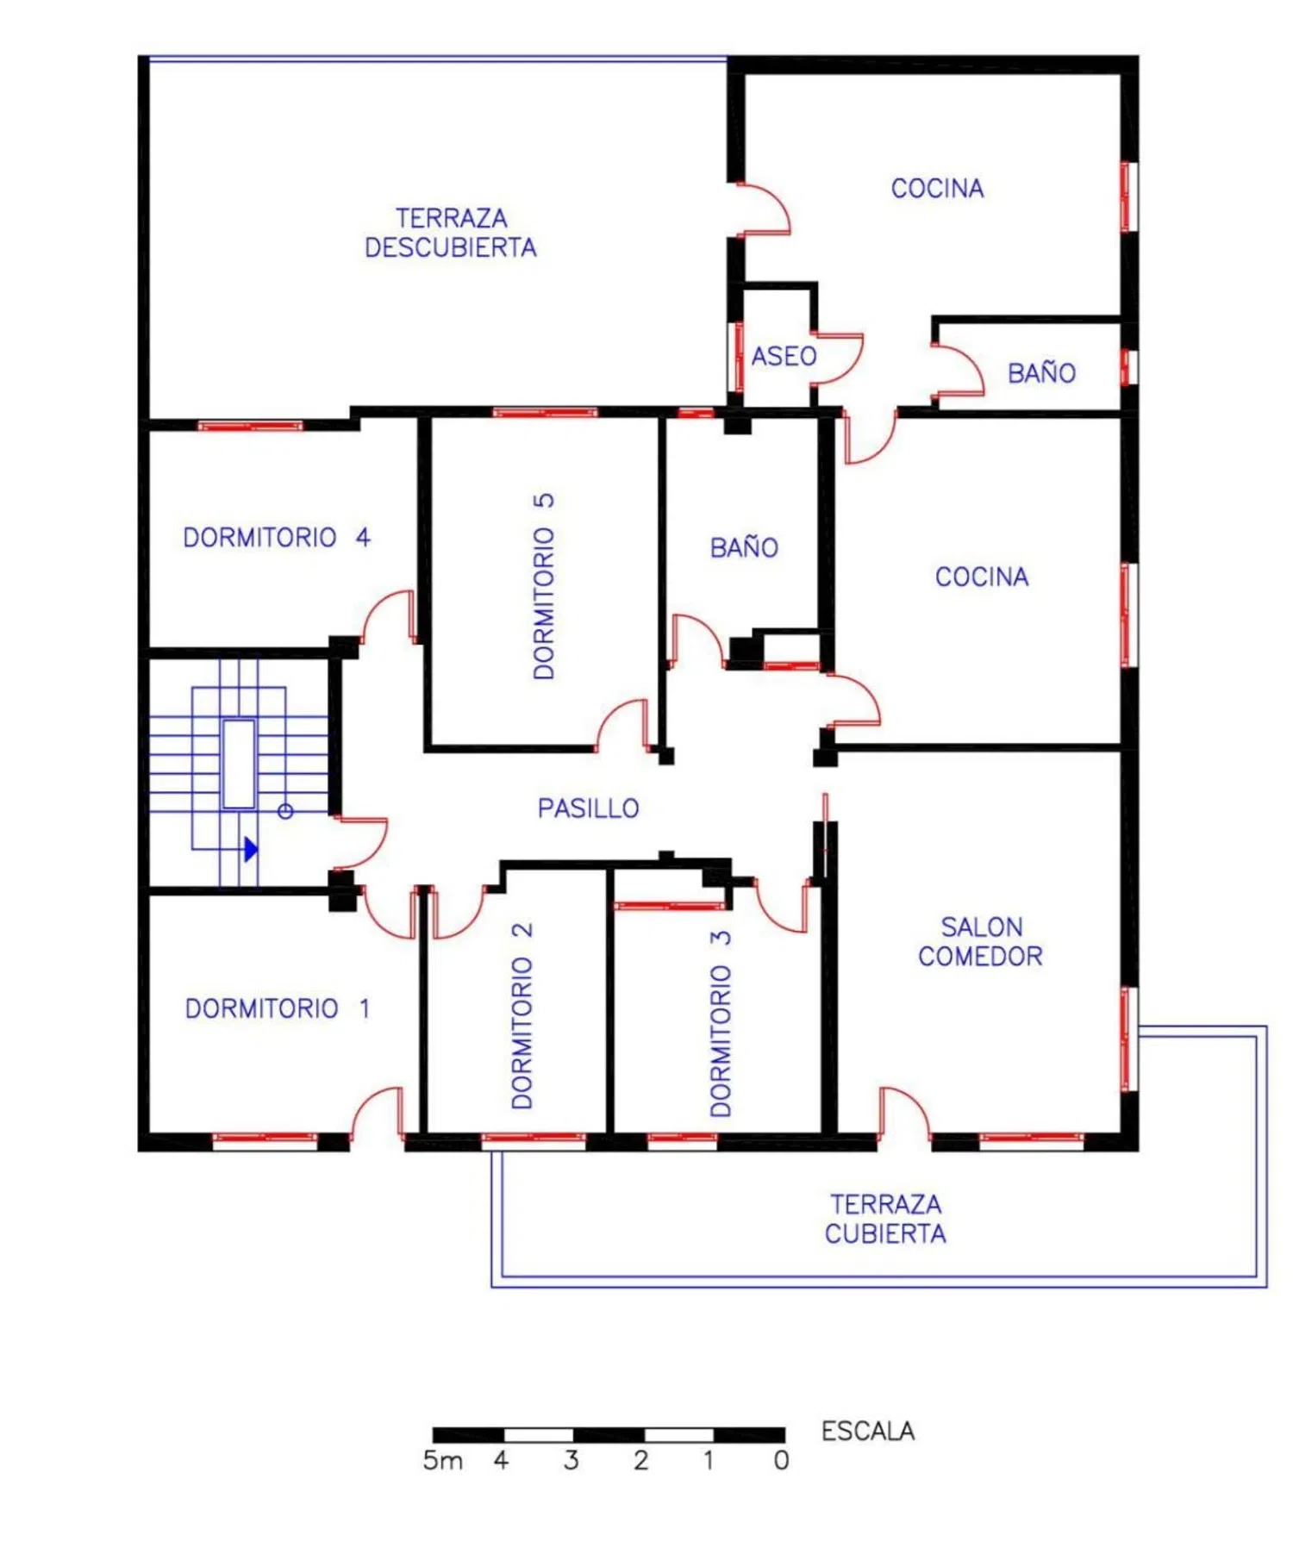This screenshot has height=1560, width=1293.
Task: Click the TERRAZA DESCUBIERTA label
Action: (450, 233)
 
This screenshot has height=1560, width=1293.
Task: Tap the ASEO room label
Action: (784, 356)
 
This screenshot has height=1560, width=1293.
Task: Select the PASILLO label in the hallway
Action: (588, 808)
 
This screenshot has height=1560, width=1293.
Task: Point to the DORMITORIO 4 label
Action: (277, 538)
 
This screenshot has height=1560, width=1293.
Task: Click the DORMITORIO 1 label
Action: (278, 1008)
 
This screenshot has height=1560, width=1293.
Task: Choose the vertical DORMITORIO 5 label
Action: (544, 587)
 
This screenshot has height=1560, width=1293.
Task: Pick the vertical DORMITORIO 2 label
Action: (522, 1016)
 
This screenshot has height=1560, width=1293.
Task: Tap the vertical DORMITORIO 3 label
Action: (721, 1024)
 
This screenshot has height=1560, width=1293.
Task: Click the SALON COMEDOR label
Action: (980, 941)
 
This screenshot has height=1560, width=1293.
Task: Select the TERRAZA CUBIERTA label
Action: (885, 1219)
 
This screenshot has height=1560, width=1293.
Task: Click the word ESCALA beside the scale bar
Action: (867, 1432)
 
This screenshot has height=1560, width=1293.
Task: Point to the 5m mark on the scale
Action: (442, 1461)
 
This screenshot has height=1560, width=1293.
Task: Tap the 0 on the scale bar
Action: (781, 1461)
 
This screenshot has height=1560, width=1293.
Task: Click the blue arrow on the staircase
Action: (251, 850)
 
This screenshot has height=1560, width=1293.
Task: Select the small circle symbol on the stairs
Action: (285, 811)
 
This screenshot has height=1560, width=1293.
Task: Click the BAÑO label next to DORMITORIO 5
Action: (744, 547)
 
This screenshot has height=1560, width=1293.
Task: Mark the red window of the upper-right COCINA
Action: (1125, 197)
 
